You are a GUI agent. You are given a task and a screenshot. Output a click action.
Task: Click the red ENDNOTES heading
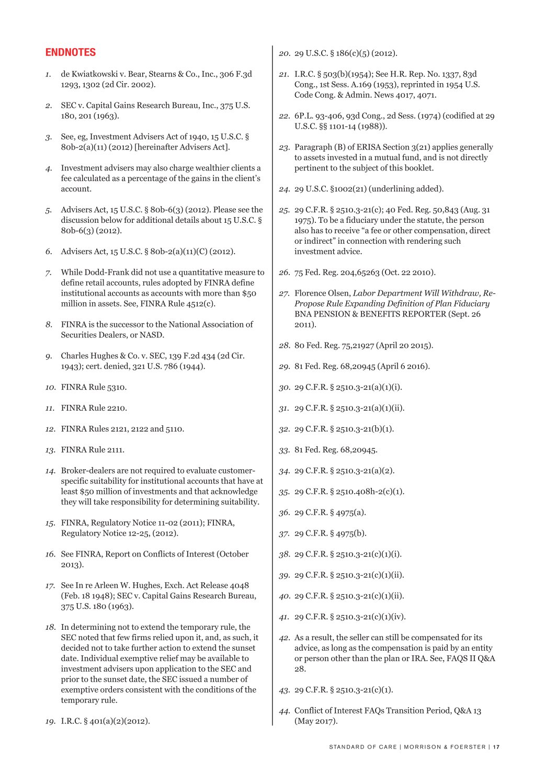pyautogui.click(x=71, y=52)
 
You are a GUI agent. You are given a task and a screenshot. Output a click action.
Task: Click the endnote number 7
pyautogui.click(x=48, y=273)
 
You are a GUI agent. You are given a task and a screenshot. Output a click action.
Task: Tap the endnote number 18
pyautogui.click(x=50, y=627)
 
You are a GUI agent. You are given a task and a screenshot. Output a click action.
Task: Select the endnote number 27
pyautogui.click(x=284, y=293)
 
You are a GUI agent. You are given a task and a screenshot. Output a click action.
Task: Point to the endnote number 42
pyautogui.click(x=284, y=638)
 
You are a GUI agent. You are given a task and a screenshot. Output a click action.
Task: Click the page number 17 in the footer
pyautogui.click(x=496, y=747)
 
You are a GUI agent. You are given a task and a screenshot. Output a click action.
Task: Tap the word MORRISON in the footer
pyautogui.click(x=422, y=747)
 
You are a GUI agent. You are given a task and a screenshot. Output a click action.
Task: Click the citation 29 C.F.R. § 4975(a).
pyautogui.click(x=330, y=513)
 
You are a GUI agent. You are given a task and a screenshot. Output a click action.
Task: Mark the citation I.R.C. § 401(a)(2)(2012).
pyautogui.click(x=105, y=721)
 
